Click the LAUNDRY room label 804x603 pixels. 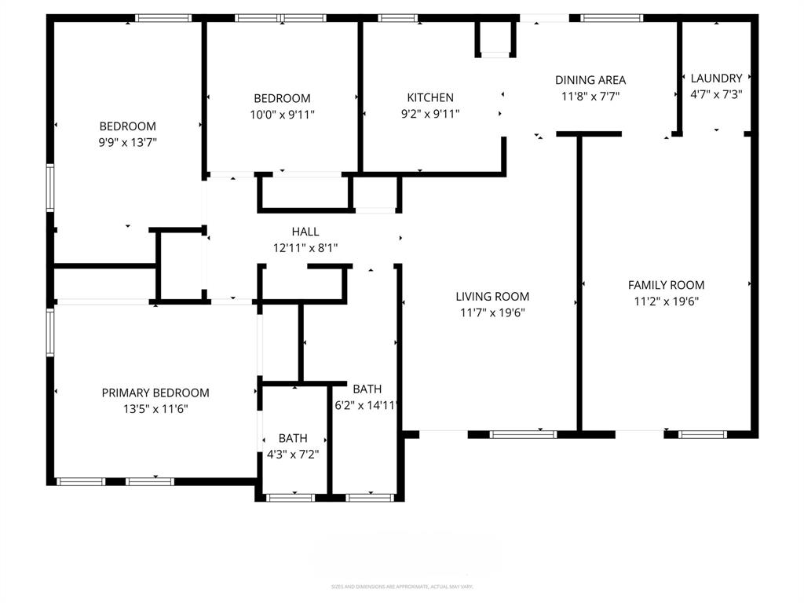[716, 78]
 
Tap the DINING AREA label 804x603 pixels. [590, 80]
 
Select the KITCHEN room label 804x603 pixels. [429, 97]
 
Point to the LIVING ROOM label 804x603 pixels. [492, 296]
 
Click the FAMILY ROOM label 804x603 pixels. [666, 285]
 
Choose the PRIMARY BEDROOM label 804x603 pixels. [155, 393]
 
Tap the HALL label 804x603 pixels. [305, 232]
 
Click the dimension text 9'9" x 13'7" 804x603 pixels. [127, 143]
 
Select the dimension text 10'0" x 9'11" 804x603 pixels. [282, 115]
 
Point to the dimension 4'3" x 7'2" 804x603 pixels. [293, 455]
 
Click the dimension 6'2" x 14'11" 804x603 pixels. [367, 406]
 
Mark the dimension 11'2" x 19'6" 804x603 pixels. [666, 301]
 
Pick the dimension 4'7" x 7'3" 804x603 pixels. [716, 94]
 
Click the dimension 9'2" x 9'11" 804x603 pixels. [429, 114]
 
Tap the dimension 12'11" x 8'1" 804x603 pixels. [305, 248]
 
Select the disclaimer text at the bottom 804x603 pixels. [402, 587]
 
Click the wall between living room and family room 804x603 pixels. [580, 283]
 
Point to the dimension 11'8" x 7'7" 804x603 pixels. [590, 97]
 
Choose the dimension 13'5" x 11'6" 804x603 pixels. [155, 409]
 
